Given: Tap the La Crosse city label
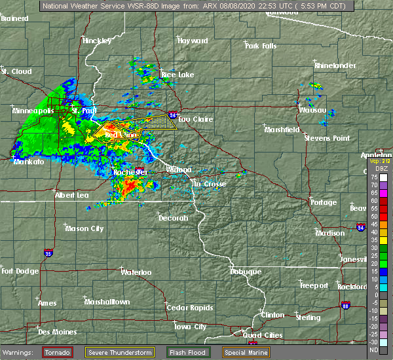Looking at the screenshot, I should pyautogui.click(x=209, y=184).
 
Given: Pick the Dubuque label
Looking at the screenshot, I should pyautogui.click(x=245, y=271).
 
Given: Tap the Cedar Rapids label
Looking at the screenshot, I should pyautogui.click(x=186, y=308).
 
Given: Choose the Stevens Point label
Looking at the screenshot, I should pyautogui.click(x=327, y=138).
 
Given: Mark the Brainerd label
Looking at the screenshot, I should pyautogui.click(x=14, y=18).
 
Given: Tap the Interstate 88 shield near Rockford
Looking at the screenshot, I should pyautogui.click(x=346, y=305).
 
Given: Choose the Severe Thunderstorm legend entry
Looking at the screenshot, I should pyautogui.click(x=121, y=353).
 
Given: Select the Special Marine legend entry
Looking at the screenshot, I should pyautogui.click(x=242, y=353).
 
